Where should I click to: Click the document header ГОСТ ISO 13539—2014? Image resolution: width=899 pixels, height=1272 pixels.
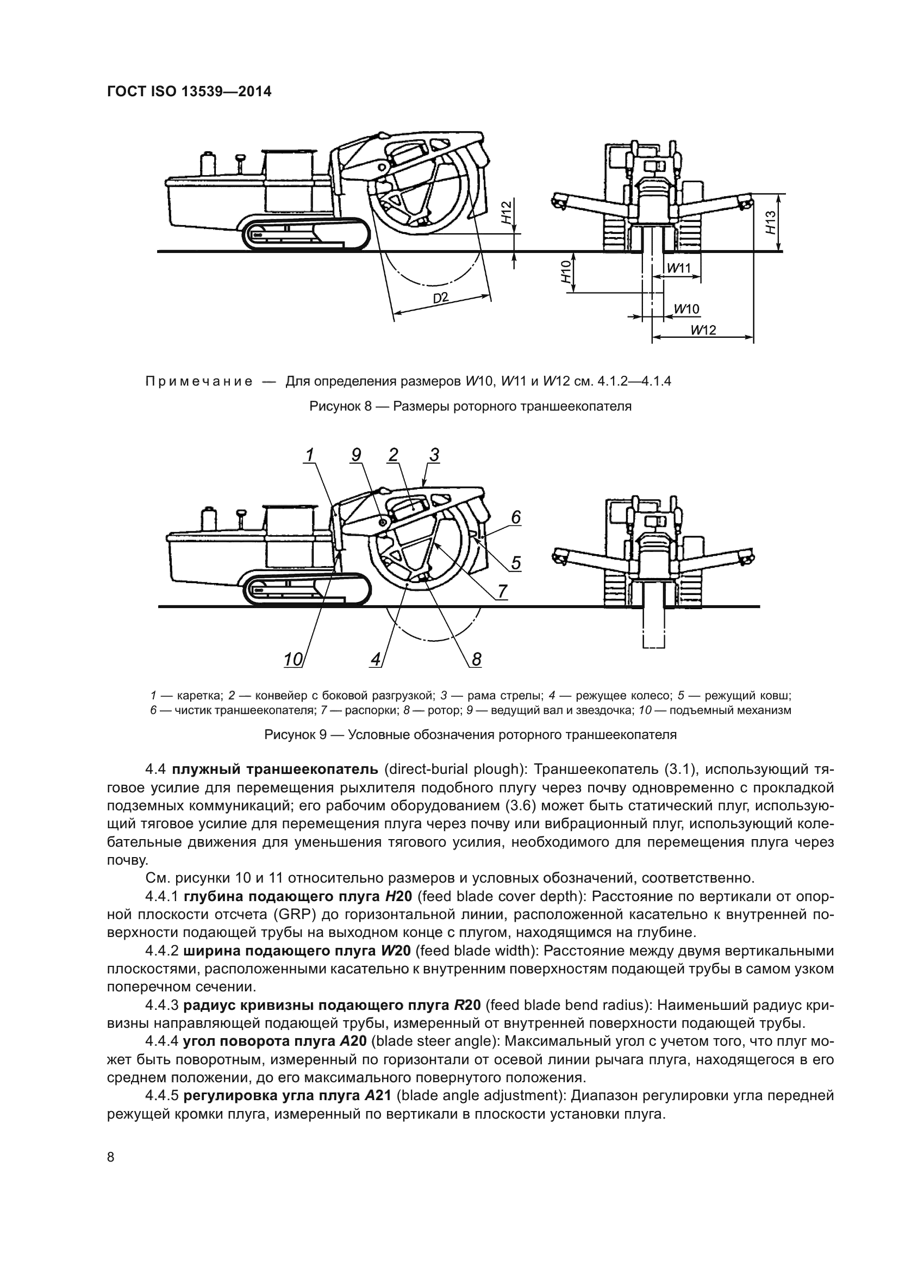pyautogui.click(x=189, y=92)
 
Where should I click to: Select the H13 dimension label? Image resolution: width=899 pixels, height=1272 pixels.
pyautogui.click(x=770, y=222)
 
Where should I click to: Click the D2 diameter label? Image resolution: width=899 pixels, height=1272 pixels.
pyautogui.click(x=441, y=297)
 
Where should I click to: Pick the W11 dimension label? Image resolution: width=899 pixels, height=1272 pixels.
pyautogui.click(x=679, y=268)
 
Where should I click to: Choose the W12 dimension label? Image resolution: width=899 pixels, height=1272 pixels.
pyautogui.click(x=703, y=330)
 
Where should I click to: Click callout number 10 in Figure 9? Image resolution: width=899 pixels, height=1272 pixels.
pyautogui.click(x=292, y=659)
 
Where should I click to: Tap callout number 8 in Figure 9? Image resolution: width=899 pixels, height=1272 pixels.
pyautogui.click(x=477, y=659)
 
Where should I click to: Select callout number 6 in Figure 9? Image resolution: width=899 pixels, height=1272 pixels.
pyautogui.click(x=515, y=517)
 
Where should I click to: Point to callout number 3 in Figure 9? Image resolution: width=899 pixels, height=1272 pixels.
pyautogui.click(x=434, y=455)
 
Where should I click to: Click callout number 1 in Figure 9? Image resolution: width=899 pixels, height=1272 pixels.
pyautogui.click(x=309, y=455)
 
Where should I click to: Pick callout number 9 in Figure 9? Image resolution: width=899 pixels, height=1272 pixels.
pyautogui.click(x=356, y=455)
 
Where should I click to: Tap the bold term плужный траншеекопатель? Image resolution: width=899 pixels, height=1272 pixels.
pyautogui.click(x=274, y=770)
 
